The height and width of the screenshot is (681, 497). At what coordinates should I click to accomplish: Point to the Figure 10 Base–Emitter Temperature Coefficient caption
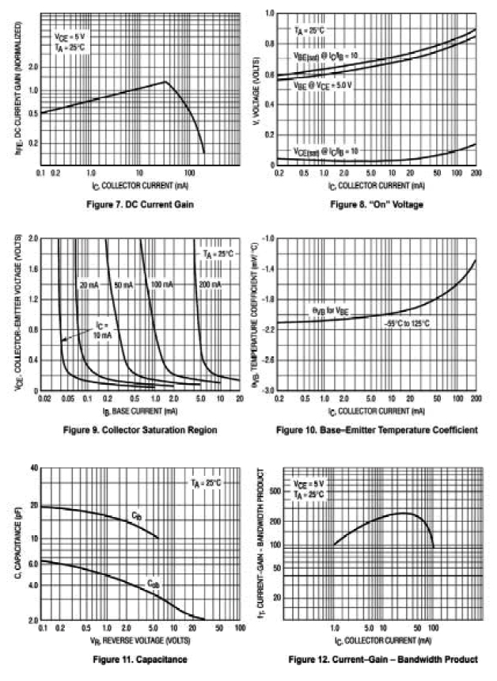377,430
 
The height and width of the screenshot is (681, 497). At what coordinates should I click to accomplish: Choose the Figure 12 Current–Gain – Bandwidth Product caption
383,659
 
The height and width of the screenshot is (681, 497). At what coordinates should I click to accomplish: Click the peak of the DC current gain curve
164,81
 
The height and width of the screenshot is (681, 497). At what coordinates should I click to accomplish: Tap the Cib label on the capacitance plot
136,516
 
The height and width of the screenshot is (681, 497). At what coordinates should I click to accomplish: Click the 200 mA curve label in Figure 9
211,284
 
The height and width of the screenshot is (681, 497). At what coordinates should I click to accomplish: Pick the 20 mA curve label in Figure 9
88,284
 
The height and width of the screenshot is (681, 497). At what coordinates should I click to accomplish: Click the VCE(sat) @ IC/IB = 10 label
324,150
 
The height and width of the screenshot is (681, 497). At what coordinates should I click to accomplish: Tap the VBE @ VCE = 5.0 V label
321,84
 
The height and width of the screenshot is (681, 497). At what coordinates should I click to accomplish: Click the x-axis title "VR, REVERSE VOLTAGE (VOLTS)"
140,638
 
